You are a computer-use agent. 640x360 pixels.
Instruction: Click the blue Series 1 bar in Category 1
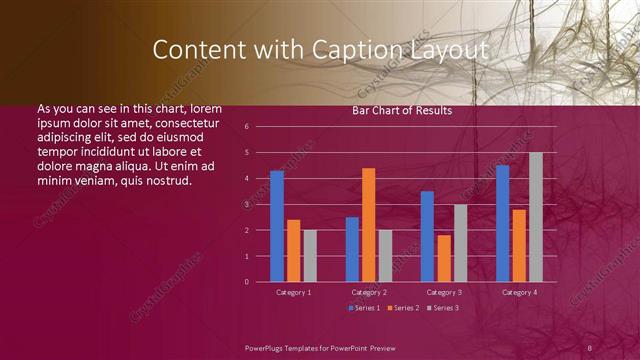277,226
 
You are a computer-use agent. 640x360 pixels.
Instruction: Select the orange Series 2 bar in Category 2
369,225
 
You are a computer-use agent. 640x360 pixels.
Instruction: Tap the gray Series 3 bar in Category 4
536,217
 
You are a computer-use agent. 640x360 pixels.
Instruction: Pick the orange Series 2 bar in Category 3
444,258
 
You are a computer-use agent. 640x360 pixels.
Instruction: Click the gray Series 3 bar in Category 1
310,256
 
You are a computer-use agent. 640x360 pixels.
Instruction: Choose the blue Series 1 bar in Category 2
352,249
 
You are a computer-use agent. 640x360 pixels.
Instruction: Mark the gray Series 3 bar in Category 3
460,243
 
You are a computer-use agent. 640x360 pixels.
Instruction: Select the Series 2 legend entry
404,307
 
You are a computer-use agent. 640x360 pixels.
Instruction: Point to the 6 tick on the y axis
260,127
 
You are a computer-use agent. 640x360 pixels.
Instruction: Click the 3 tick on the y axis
260,204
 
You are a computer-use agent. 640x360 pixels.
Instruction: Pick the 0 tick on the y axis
260,282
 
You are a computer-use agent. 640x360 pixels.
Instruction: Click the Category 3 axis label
444,292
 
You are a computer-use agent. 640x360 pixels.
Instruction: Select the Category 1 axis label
294,292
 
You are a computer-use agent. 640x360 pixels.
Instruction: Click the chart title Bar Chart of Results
402,111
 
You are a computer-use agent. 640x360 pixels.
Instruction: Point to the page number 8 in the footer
590,347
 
